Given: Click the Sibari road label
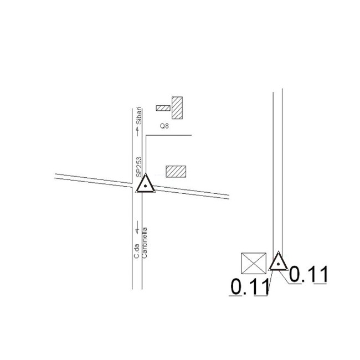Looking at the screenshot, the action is coord(139,116).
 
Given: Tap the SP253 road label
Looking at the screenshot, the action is coord(139,167).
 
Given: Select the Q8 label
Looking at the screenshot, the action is coord(164,126).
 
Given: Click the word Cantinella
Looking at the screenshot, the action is coord(145,243).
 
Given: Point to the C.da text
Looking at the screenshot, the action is coord(137,251).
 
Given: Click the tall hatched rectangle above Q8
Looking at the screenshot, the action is coord(177,108).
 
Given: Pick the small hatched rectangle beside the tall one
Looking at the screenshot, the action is coord(163,108).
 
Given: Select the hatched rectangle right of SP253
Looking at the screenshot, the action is coord(176,172).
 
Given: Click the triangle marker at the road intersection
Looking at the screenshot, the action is coord(145,184).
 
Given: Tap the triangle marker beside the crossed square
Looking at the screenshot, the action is coord(278,262).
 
